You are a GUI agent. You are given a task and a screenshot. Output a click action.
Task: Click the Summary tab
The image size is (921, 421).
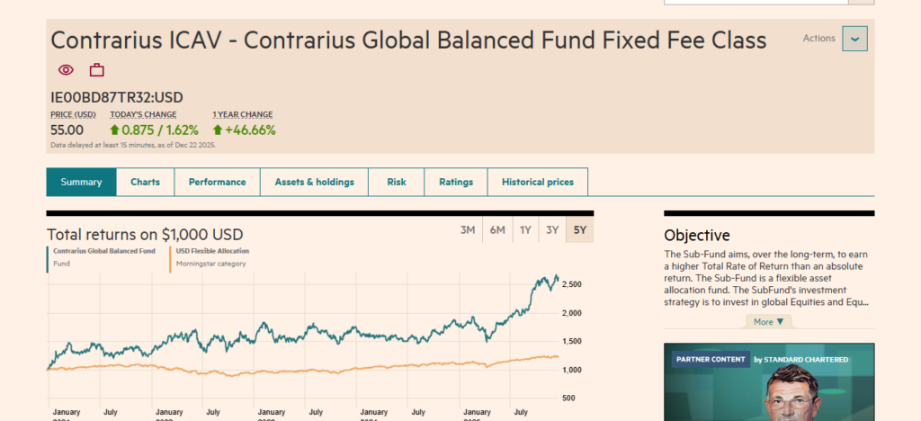(x=81, y=182)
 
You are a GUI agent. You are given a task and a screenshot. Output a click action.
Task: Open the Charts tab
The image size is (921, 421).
(x=145, y=182)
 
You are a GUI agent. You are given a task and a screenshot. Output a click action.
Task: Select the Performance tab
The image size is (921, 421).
(x=217, y=182)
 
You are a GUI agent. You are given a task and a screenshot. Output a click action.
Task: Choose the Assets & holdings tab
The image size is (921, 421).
(x=314, y=182)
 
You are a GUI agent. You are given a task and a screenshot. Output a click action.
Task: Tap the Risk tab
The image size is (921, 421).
(x=397, y=182)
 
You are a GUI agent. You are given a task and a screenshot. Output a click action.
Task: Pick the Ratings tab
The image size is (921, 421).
(x=456, y=182)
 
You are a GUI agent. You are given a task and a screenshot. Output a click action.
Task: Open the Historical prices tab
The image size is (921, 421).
(x=537, y=182)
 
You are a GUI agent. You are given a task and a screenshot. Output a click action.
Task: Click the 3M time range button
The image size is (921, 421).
(x=468, y=230)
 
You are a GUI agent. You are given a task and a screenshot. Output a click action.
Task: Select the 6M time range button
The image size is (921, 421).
(x=497, y=230)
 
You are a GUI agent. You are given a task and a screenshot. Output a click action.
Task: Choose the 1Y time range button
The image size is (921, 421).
(x=525, y=230)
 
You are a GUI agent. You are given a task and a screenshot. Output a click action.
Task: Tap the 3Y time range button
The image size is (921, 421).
(x=552, y=230)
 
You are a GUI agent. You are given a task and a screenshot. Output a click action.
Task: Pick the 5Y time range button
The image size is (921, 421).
(x=580, y=230)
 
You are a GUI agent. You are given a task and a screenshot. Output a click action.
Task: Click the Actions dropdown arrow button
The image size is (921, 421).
(x=854, y=39)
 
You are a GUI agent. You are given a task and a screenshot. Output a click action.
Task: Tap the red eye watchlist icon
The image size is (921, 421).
(x=66, y=70)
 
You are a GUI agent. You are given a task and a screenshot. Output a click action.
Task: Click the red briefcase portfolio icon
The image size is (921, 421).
(x=96, y=70)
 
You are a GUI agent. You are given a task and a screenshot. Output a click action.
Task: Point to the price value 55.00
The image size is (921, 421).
(x=67, y=130)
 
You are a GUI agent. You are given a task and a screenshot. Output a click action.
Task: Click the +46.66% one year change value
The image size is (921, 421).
(x=244, y=130)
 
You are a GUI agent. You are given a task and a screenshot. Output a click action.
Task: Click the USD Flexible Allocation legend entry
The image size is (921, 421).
(x=212, y=251)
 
